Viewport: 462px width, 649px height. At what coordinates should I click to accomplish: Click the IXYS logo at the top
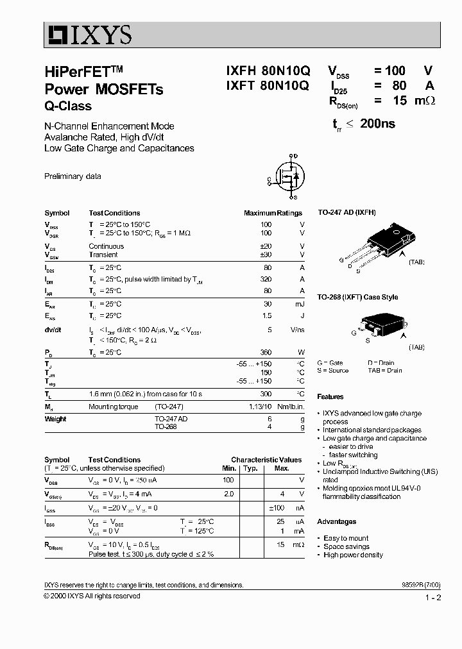point(88,35)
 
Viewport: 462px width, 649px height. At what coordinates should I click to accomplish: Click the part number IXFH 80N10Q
point(267,72)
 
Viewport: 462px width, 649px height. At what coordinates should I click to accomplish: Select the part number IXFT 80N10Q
point(267,86)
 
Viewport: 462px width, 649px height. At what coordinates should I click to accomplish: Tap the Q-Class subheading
point(68,106)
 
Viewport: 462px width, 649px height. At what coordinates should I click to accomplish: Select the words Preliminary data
point(73,176)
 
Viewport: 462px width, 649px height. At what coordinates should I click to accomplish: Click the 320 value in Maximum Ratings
point(265,280)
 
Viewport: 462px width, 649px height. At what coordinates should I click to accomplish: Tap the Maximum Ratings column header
point(273,213)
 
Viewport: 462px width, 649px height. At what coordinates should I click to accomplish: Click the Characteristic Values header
point(266,460)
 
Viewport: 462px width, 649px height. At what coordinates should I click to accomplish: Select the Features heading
point(330,397)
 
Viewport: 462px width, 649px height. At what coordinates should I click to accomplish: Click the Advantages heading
point(337,522)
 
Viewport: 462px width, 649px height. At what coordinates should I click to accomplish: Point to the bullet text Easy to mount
point(346,539)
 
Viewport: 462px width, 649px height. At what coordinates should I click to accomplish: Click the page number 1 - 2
point(433,598)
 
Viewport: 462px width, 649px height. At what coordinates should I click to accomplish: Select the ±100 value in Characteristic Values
point(277,508)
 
